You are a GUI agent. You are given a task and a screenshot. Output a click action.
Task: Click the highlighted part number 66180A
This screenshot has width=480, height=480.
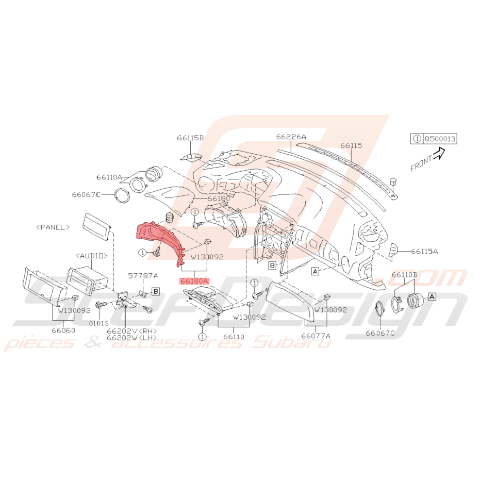click(194, 280)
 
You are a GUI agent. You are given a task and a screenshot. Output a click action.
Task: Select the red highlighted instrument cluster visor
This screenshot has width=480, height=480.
click(159, 240)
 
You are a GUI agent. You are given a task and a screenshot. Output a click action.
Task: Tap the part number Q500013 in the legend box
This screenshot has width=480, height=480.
click(440, 139)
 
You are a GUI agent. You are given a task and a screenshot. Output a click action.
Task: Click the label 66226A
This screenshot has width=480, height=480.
click(291, 137)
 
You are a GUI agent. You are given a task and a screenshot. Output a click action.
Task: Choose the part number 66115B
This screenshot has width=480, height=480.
click(190, 138)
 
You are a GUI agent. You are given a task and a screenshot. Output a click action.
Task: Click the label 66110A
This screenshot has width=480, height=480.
click(109, 177)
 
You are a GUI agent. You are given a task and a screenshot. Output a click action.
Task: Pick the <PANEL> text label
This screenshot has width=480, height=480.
click(53, 227)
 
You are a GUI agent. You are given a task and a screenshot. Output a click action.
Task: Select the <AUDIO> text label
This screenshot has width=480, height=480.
click(92, 255)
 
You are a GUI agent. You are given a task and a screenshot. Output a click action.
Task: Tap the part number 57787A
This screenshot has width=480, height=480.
click(143, 275)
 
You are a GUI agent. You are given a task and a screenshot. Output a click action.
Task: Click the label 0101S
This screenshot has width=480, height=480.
click(99, 323)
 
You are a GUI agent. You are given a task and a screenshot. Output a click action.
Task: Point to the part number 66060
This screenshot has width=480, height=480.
click(63, 330)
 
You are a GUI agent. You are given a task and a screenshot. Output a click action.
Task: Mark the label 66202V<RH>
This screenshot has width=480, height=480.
click(132, 331)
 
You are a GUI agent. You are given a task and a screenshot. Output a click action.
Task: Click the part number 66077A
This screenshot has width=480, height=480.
click(316, 336)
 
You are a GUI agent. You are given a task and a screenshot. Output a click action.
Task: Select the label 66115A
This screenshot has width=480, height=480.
click(424, 251)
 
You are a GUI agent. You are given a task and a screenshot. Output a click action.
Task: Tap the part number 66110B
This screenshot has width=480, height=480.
click(404, 275)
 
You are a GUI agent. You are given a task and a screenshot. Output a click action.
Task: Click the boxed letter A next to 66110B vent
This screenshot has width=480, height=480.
click(432, 296)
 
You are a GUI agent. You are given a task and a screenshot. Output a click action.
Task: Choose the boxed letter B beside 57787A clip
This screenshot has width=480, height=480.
click(156, 291)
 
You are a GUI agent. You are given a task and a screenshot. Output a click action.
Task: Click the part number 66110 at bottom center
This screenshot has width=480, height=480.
click(234, 337)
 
